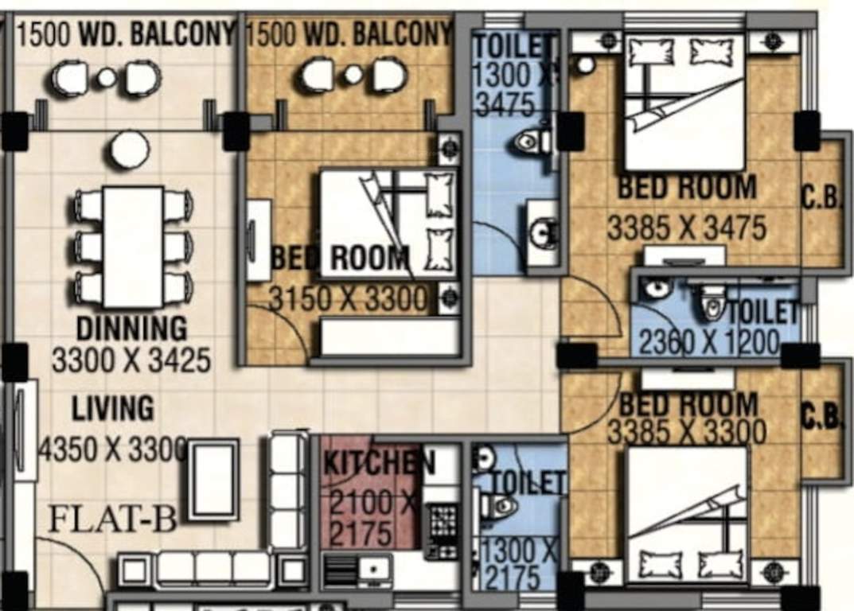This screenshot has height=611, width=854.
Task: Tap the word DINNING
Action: click(132, 328)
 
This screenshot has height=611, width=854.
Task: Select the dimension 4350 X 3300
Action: click(113, 449)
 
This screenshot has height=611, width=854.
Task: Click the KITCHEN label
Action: click(380, 463)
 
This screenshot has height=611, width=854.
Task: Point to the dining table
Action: click(133, 247)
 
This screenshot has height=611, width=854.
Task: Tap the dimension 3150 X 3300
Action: click(348, 300)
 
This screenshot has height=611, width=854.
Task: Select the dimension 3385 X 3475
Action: click(687, 228)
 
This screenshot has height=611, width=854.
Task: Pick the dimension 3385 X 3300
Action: click(687, 433)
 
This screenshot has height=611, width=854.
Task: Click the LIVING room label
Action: click(113, 409)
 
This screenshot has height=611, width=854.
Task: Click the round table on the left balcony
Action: click(107, 77)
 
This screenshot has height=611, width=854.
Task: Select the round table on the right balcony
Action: click(353, 75)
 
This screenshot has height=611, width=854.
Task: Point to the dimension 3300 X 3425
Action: click(131, 360)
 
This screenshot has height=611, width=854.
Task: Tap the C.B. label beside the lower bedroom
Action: click(821, 416)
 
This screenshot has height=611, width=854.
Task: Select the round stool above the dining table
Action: click(130, 150)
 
